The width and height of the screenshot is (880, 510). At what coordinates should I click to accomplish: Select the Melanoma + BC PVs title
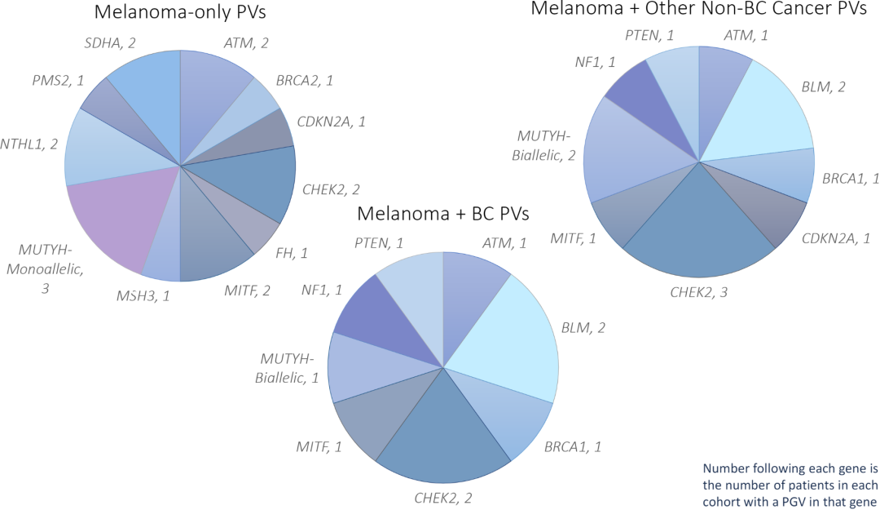(443, 215)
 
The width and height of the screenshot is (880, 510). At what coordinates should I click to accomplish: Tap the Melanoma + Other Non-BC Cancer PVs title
(705, 10)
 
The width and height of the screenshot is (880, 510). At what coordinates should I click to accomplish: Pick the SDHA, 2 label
(109, 42)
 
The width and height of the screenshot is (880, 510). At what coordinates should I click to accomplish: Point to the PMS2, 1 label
(58, 82)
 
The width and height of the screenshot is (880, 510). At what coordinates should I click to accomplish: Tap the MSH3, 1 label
(143, 295)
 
